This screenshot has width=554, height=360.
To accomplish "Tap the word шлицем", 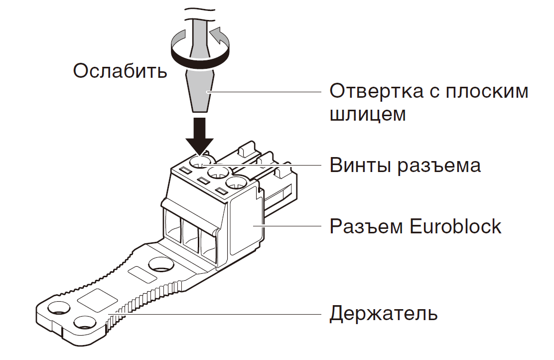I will pos(368,114).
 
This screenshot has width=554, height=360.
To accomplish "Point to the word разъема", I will pos(439,165).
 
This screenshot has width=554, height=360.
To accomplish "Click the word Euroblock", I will pos(455,226).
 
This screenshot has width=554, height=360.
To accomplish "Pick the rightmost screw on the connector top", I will pos(238,183).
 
